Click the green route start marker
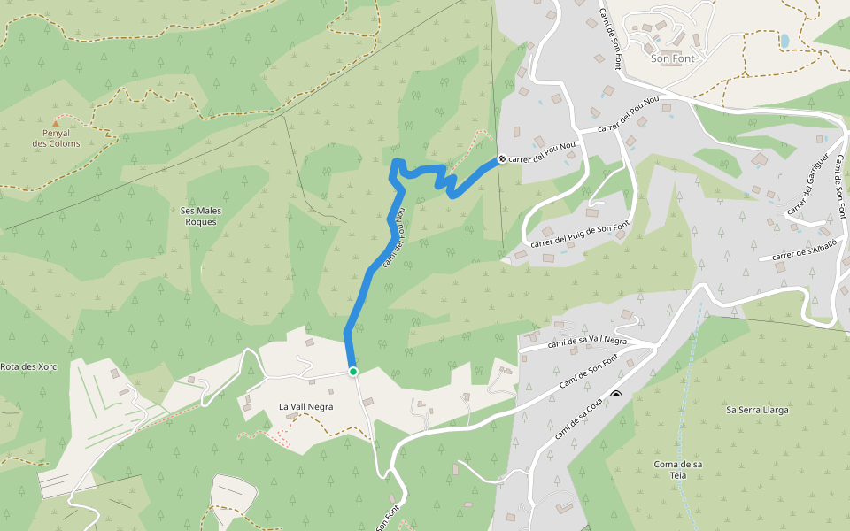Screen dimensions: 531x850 click(352, 372)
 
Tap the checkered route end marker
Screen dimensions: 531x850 click(501, 159)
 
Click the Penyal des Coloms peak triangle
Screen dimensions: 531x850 click(56, 123)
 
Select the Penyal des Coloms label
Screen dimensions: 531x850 click(56, 138)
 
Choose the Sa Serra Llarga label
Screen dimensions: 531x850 click(757, 410)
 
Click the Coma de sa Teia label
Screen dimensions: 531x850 click(678, 470)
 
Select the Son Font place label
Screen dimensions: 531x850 click(672, 58)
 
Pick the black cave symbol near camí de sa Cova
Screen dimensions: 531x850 click(616, 396)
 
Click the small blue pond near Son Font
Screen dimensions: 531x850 click(784, 41)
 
